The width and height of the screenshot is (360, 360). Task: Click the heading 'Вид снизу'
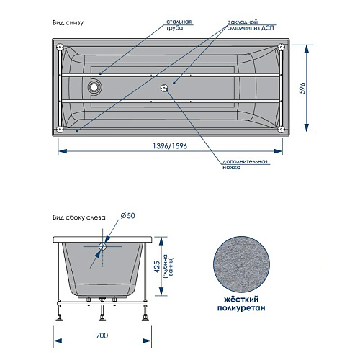68,23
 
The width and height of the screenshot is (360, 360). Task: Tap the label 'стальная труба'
179,24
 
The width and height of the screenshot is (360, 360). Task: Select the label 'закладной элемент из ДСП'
251,25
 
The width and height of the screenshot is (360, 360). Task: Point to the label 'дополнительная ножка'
245,164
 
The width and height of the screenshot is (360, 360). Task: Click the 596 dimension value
303,88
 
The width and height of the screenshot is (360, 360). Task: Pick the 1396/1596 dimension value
170,146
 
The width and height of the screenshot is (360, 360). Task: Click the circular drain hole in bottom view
94,87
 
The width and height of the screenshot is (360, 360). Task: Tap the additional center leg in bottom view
164,88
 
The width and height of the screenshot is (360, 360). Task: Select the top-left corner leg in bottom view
60,47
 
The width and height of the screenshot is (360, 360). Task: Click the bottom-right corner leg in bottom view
281,130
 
